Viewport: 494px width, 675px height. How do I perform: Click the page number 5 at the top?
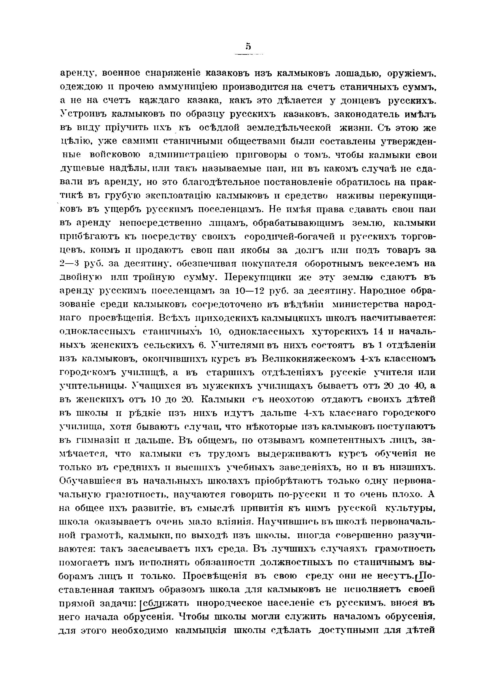pyautogui.click(x=248, y=47)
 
